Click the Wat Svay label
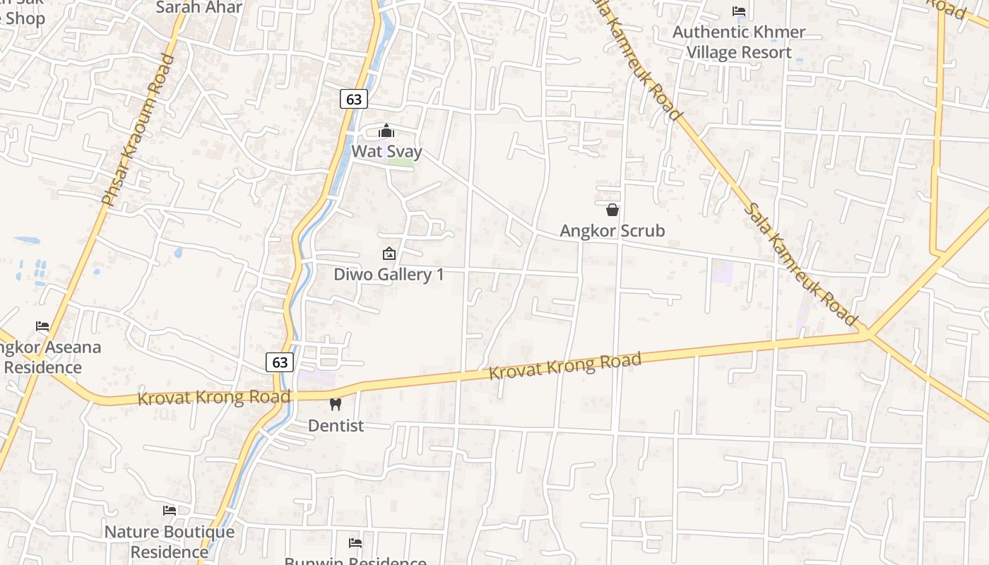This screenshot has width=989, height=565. click(386, 152)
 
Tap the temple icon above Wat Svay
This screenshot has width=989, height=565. click(386, 131)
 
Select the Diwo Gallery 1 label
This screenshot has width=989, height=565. click(389, 274)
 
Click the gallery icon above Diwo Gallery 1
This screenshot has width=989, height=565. click(389, 254)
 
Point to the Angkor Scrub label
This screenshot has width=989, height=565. click(612, 230)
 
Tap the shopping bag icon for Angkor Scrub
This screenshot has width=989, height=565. click(612, 210)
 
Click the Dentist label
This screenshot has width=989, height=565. click(336, 425)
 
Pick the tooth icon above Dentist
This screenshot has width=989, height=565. click(336, 405)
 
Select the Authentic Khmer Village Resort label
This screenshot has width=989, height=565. click(739, 42)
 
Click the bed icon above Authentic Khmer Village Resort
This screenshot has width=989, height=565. click(739, 11)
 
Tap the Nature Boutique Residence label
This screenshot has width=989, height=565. click(170, 541)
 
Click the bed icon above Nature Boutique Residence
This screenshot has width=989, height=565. click(170, 510)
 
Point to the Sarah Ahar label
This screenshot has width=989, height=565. click(199, 8)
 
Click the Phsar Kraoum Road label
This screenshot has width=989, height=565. click(138, 131)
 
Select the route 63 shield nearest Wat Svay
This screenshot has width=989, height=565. click(354, 100)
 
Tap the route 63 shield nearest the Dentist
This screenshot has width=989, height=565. click(280, 362)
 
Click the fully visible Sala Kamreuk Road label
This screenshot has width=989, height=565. click(801, 264)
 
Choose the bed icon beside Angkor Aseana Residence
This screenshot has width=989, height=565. click(42, 326)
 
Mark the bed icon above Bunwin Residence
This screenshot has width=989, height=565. click(355, 542)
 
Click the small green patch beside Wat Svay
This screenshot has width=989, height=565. click(401, 163)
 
